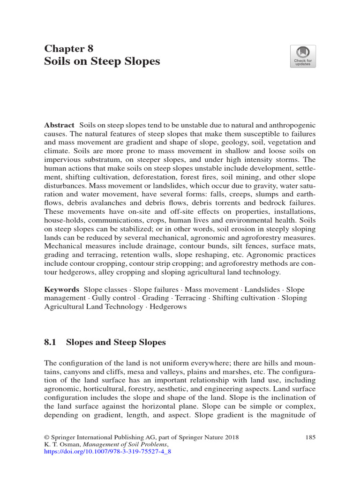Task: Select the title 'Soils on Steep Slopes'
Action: [x=102, y=61]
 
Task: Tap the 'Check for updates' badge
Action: [x=303, y=56]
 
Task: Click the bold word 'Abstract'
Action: [x=59, y=126]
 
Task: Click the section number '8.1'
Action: [x=50, y=343]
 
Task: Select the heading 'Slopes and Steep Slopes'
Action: [x=116, y=343]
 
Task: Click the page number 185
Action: [x=310, y=437]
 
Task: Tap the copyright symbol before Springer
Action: [x=46, y=437]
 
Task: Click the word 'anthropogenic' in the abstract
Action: [x=293, y=126]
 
